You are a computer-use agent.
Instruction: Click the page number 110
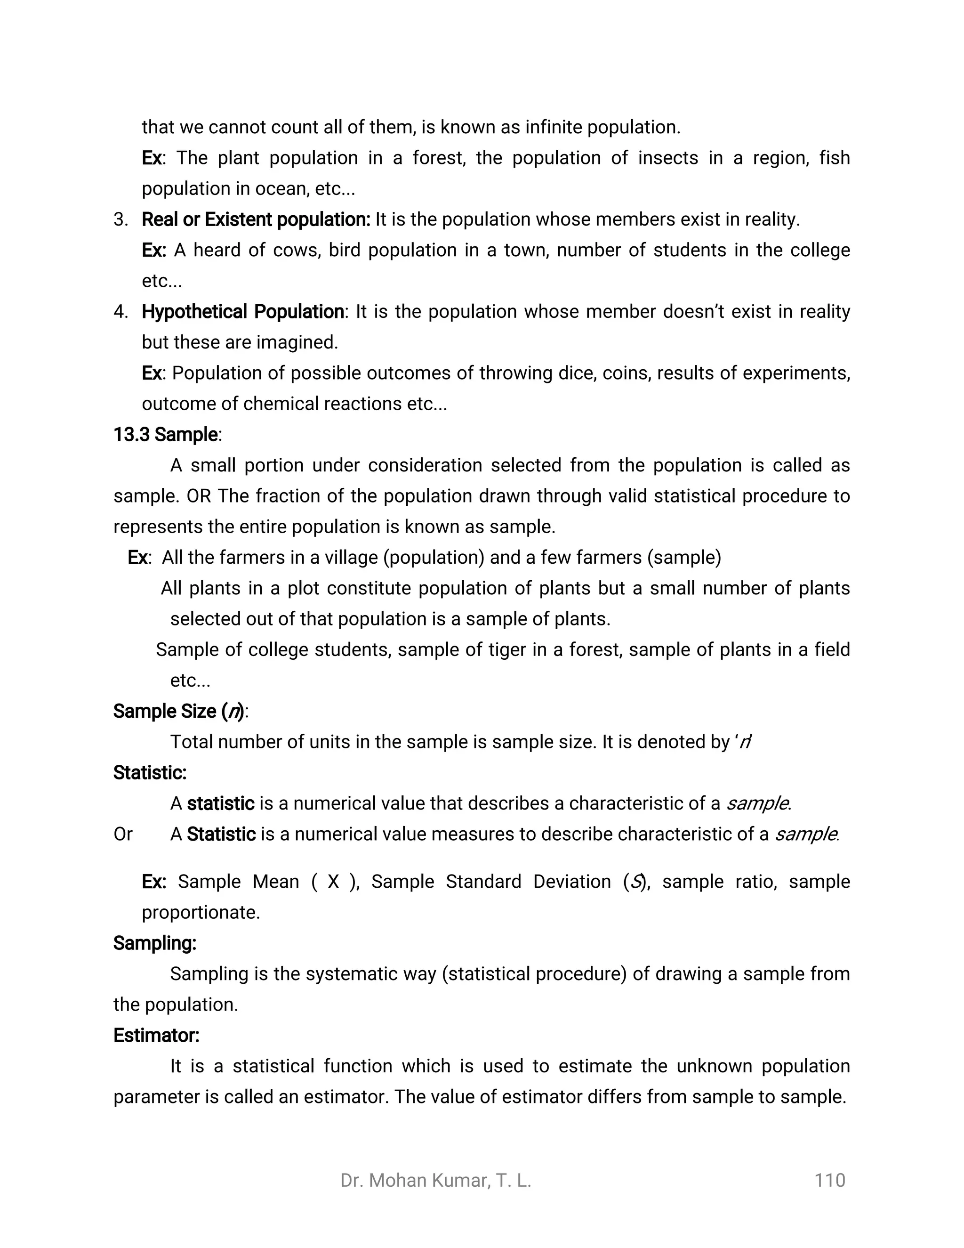point(829,1180)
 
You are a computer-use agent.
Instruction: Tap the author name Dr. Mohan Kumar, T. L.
point(435,1181)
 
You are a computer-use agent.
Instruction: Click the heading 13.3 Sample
point(166,435)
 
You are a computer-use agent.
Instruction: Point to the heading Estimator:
point(156,1035)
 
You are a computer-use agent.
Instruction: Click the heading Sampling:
point(155,943)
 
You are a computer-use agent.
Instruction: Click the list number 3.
point(120,219)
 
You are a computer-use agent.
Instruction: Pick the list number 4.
point(120,312)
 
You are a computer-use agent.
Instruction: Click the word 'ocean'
point(281,188)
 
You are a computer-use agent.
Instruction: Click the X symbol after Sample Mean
point(334,882)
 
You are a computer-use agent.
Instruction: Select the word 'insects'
point(668,158)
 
